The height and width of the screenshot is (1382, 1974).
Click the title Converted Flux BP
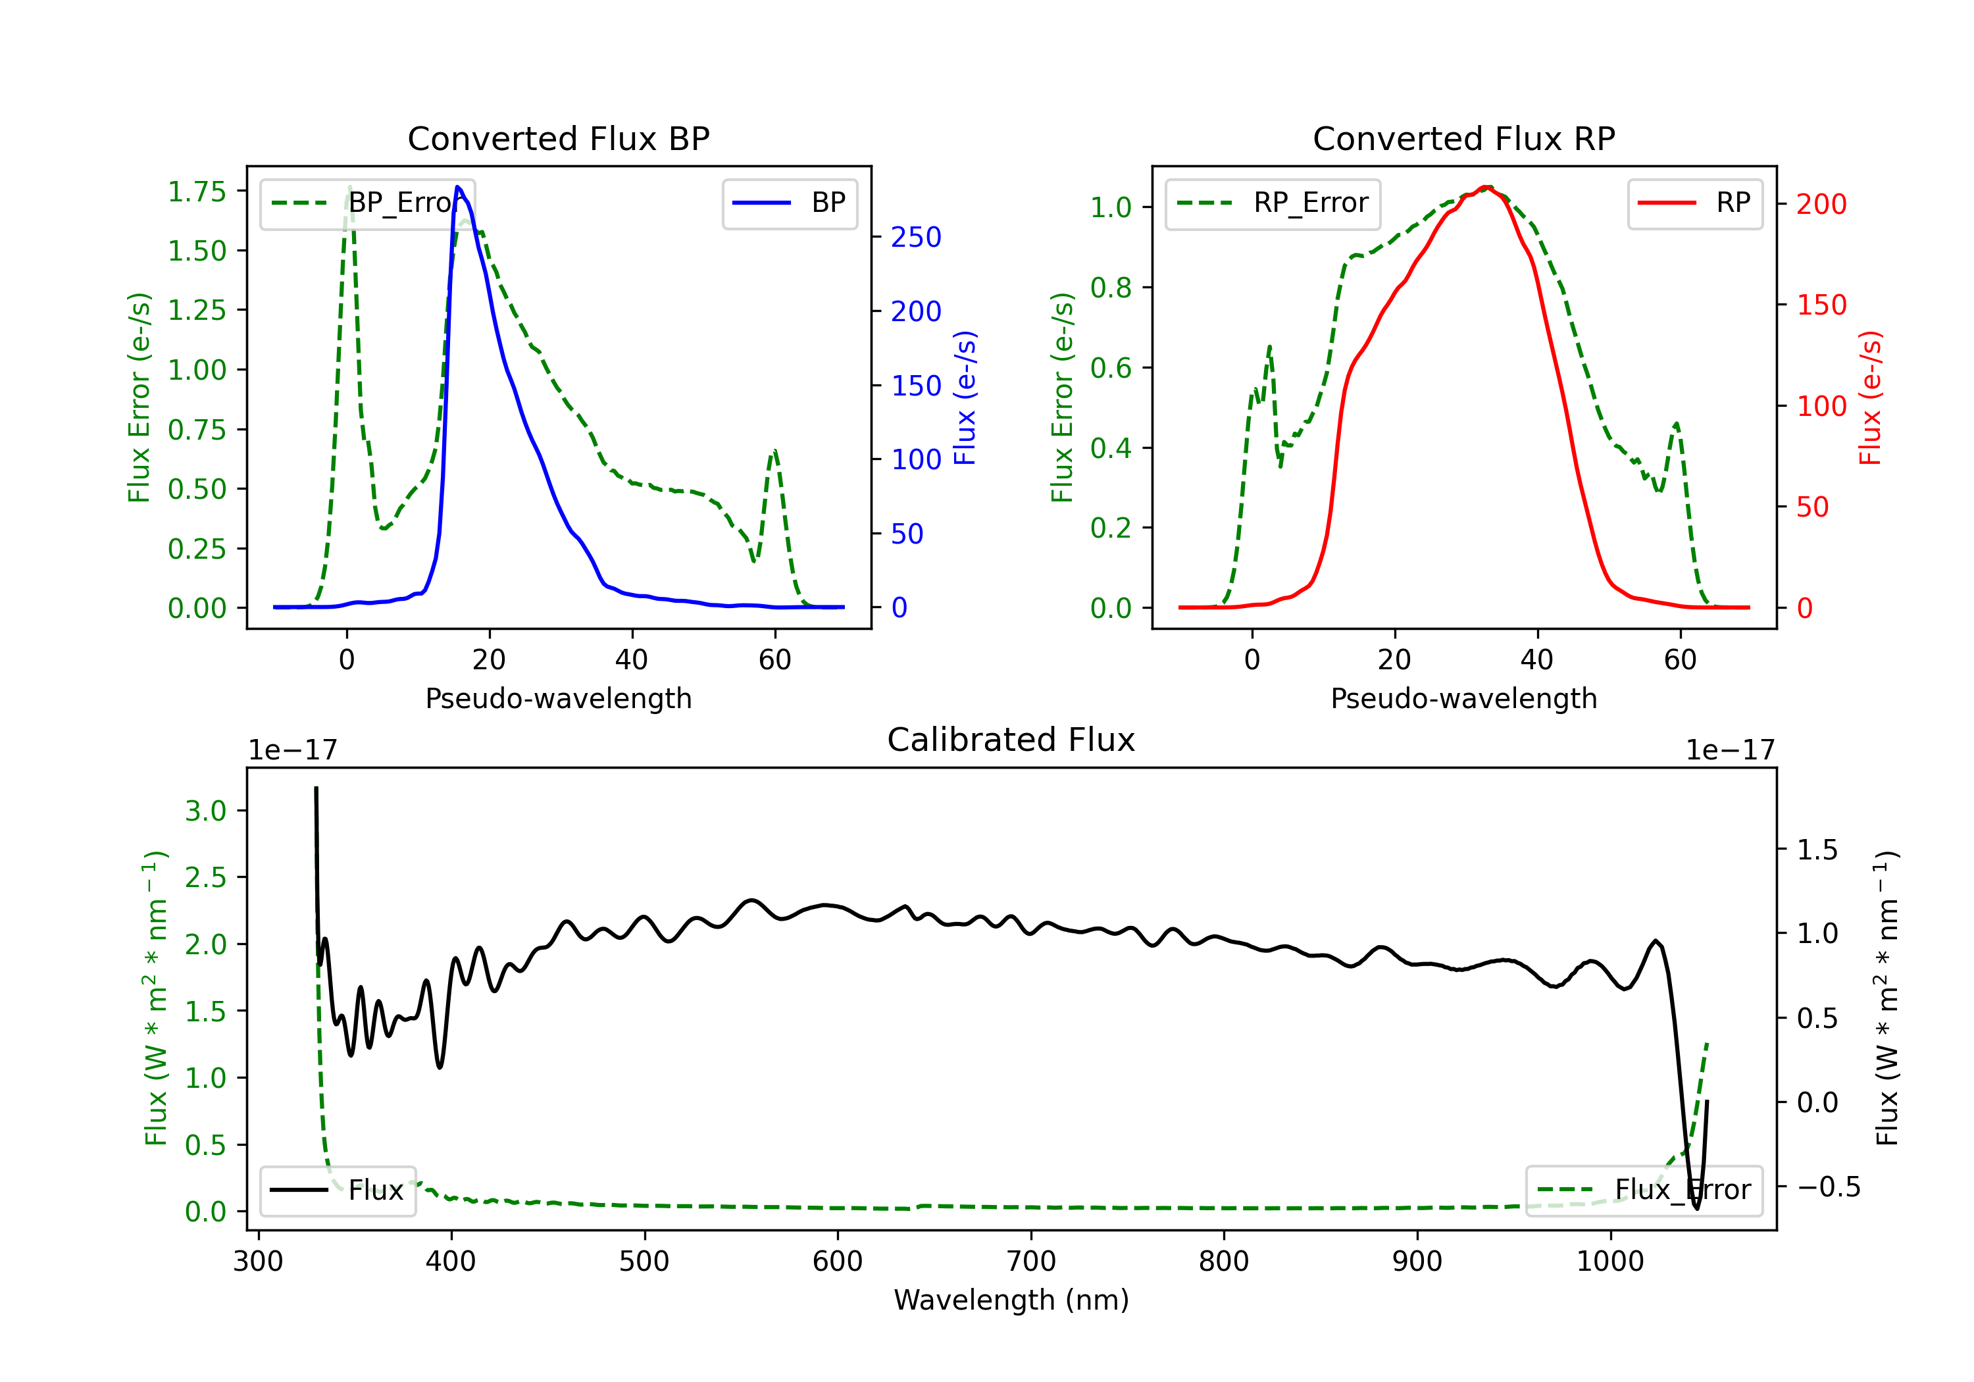coord(558,138)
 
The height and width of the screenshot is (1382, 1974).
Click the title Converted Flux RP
coord(1463,138)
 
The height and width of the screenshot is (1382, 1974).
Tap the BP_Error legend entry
coord(368,203)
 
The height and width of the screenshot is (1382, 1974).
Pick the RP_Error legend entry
coord(1273,203)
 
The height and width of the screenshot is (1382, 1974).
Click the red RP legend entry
coord(1694,203)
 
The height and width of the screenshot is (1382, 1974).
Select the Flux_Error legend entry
coord(1643,1190)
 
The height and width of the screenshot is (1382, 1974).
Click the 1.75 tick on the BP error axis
coord(197,192)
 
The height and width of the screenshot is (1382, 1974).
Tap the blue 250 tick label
coord(916,238)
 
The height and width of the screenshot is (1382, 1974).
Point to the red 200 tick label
coord(1821,205)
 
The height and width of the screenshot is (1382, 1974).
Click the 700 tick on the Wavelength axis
coord(1031,1262)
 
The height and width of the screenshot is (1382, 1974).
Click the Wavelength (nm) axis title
coord(1011,1300)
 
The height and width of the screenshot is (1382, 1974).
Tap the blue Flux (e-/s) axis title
coord(965,397)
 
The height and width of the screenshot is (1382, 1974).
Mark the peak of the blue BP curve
coord(457,187)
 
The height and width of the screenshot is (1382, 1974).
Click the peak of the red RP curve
coord(1486,187)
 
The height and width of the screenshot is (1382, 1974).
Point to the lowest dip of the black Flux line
coord(1696,1208)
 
